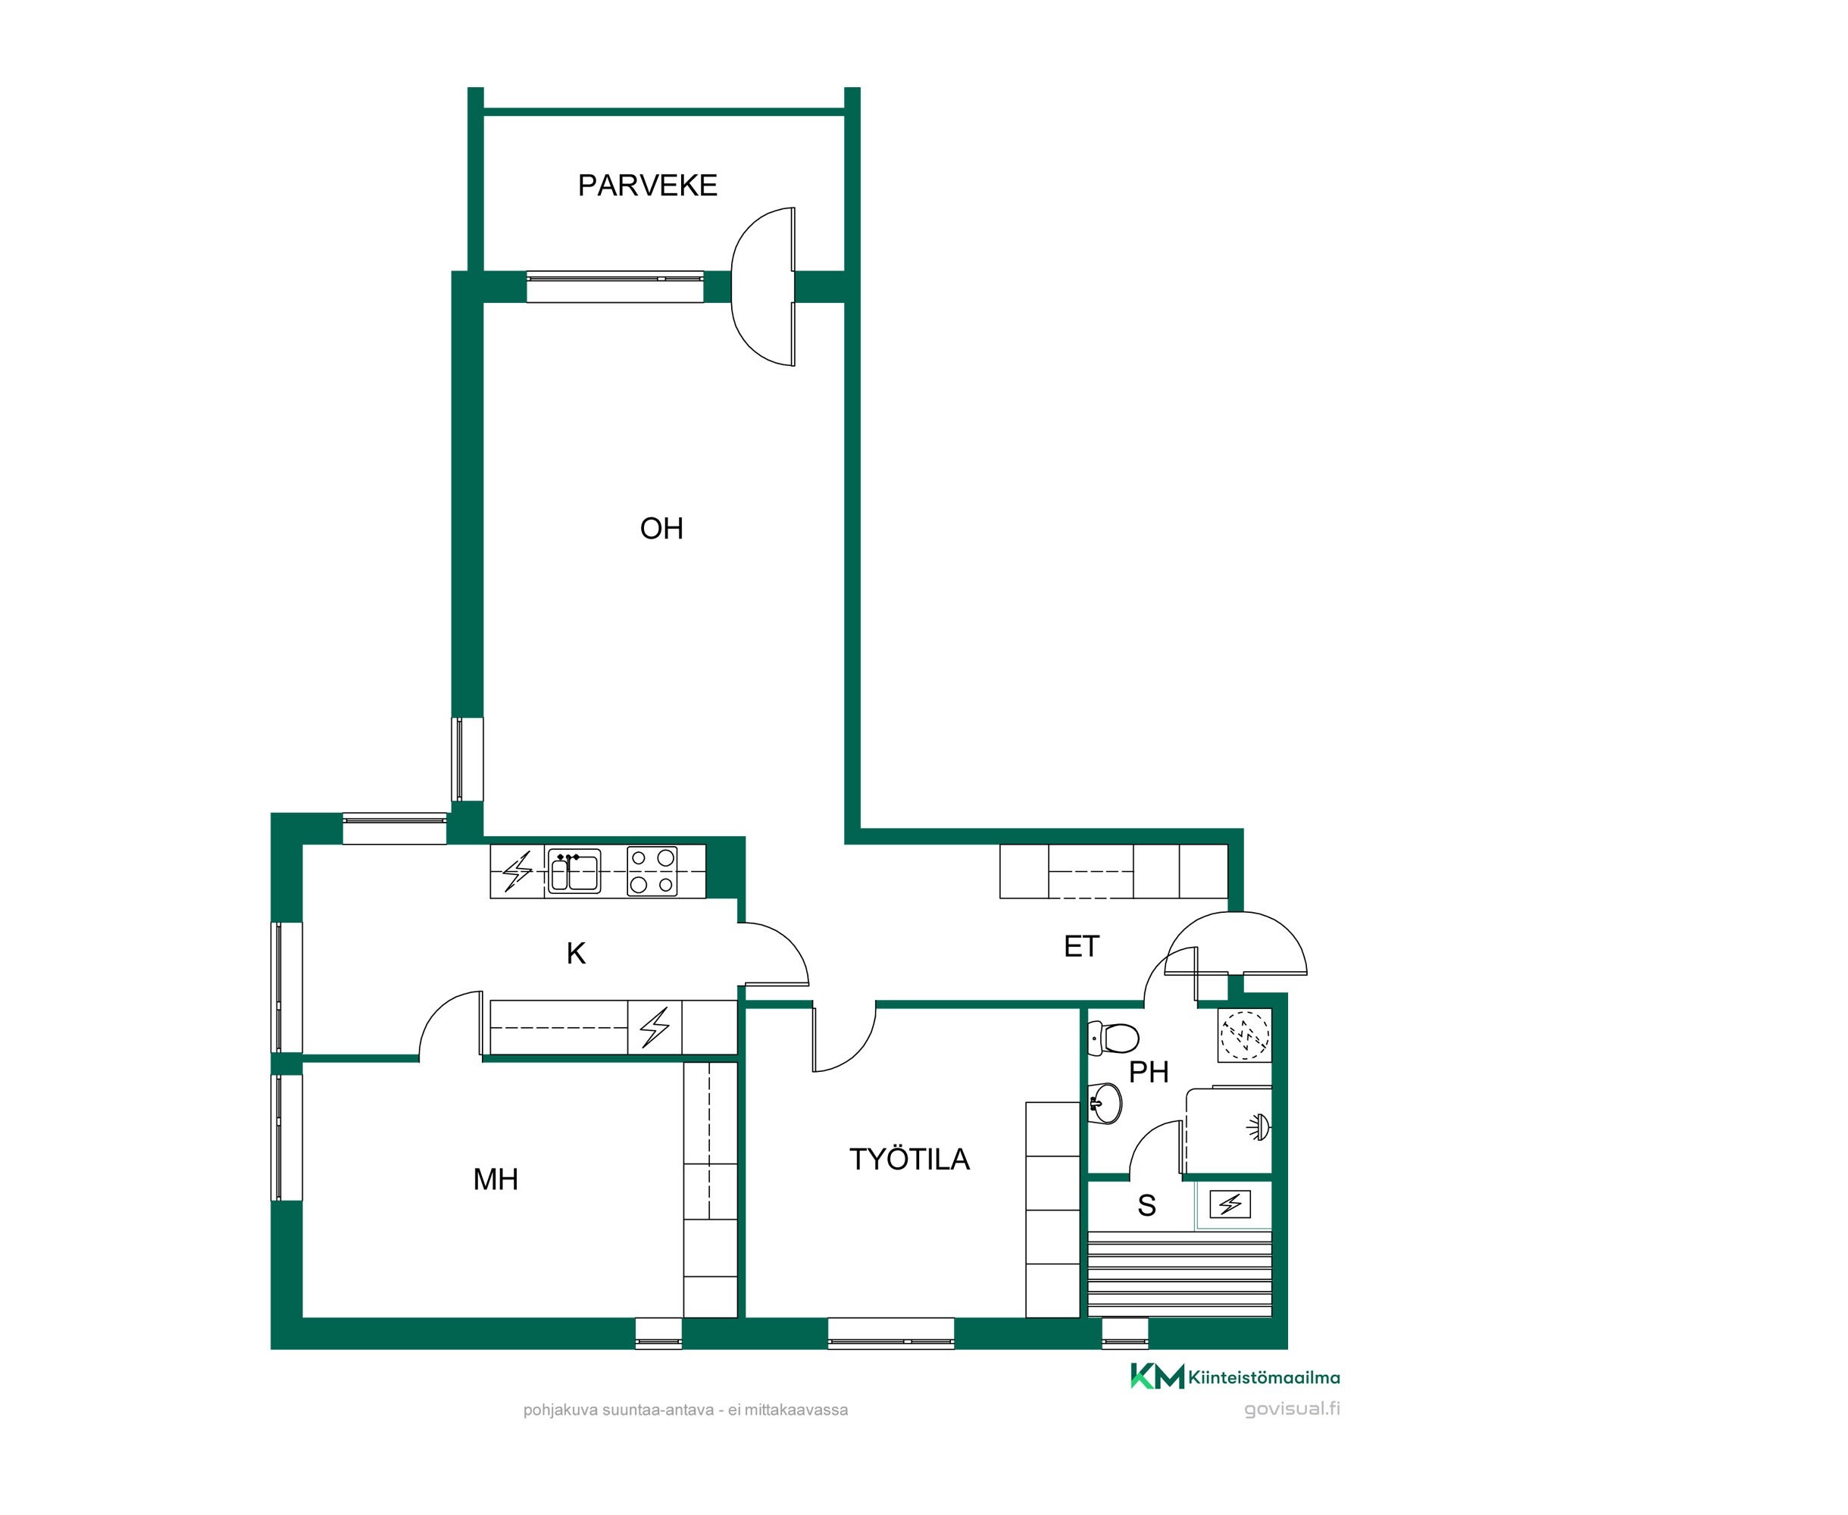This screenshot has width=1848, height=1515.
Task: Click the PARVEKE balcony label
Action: click(x=647, y=185)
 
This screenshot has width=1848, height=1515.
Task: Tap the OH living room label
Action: click(x=661, y=528)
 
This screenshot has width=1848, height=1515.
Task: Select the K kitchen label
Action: click(x=575, y=953)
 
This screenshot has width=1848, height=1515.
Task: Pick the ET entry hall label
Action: click(x=1080, y=946)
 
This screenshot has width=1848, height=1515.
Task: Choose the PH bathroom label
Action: click(x=1148, y=1072)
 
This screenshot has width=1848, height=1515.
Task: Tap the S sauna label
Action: click(x=1146, y=1205)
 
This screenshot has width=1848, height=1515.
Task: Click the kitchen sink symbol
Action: click(x=574, y=871)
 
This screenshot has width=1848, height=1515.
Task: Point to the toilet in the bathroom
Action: click(x=1114, y=1039)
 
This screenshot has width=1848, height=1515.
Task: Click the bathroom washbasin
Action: click(x=1104, y=1103)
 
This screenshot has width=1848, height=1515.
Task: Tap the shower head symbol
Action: click(x=1258, y=1127)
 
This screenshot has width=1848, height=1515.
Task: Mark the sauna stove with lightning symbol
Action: click(x=1230, y=1204)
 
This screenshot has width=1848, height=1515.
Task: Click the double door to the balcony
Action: click(x=763, y=286)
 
